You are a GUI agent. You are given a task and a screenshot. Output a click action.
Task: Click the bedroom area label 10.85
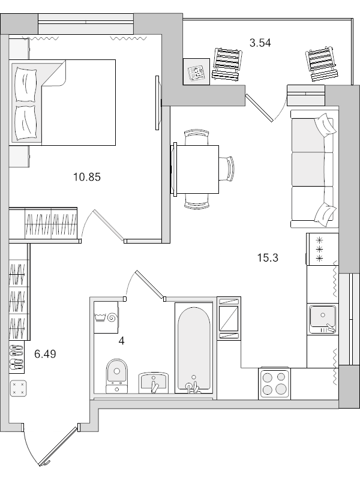pyautogui.click(x=87, y=177)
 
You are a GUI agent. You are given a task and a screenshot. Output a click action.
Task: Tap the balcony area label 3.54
pyautogui.click(x=260, y=43)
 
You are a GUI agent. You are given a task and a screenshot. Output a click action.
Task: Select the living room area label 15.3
pyautogui.click(x=268, y=258)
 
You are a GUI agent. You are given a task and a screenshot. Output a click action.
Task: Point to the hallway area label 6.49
pyautogui.click(x=45, y=354)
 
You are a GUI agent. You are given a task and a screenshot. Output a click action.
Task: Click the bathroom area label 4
pyautogui.click(x=122, y=341)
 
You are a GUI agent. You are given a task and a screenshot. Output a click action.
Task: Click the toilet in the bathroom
pyautogui.click(x=116, y=376)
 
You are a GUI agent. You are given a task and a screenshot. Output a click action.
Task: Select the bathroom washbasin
pyautogui.click(x=154, y=383)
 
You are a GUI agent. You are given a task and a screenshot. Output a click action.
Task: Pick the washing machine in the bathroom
pyautogui.click(x=106, y=317)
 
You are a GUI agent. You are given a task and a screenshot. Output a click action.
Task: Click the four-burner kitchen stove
pyautogui.click(x=274, y=383)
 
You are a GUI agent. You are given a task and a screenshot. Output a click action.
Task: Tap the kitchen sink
pyautogui.click(x=322, y=319)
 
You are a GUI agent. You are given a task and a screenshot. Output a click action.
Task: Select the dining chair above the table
pyautogui.click(x=197, y=137)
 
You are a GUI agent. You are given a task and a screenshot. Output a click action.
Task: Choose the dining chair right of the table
pyautogui.click(x=227, y=169)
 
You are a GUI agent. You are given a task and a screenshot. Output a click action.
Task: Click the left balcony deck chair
pyautogui.click(x=227, y=64)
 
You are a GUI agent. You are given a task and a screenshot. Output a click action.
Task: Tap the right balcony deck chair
pyautogui.click(x=322, y=64)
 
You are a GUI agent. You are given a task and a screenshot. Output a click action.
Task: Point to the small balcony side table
pyautogui.click(x=197, y=71)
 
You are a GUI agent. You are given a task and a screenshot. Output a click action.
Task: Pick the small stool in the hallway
pyautogui.click(x=19, y=388)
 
